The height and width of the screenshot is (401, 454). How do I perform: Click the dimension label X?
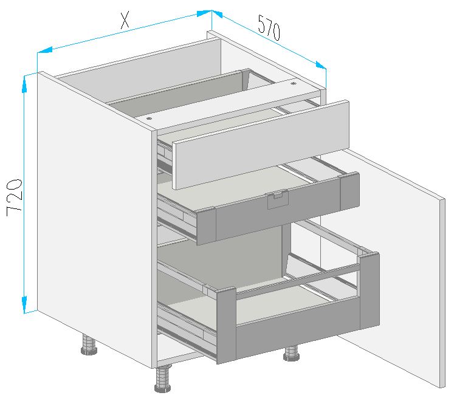(x=125, y=21)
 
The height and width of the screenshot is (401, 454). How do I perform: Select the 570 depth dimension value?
(x=269, y=27)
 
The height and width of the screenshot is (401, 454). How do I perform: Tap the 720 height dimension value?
(x=14, y=197)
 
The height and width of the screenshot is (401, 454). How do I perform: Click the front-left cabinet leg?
(x=163, y=379)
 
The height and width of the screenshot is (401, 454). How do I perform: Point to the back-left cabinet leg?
(x=89, y=344)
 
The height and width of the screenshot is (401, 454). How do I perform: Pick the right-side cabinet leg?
(x=293, y=353)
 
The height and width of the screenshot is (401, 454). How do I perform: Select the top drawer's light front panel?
(x=261, y=144)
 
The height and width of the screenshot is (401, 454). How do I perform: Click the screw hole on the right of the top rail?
(x=294, y=83)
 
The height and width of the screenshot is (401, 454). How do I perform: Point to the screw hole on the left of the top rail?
(x=149, y=118)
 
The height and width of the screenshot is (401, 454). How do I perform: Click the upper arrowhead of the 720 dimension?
(x=24, y=84)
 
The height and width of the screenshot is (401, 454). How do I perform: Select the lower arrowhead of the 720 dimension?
(x=24, y=304)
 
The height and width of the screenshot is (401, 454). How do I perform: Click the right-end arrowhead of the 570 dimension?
(x=321, y=66)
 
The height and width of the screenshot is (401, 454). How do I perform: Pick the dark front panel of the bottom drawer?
(x=298, y=329)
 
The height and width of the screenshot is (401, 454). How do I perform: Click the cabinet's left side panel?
(x=95, y=220)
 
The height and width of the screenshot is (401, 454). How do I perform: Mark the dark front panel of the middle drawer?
(x=278, y=209)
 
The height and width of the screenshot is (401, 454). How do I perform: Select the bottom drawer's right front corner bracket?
(x=370, y=290)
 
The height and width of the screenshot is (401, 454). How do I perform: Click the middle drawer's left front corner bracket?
(x=207, y=226)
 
